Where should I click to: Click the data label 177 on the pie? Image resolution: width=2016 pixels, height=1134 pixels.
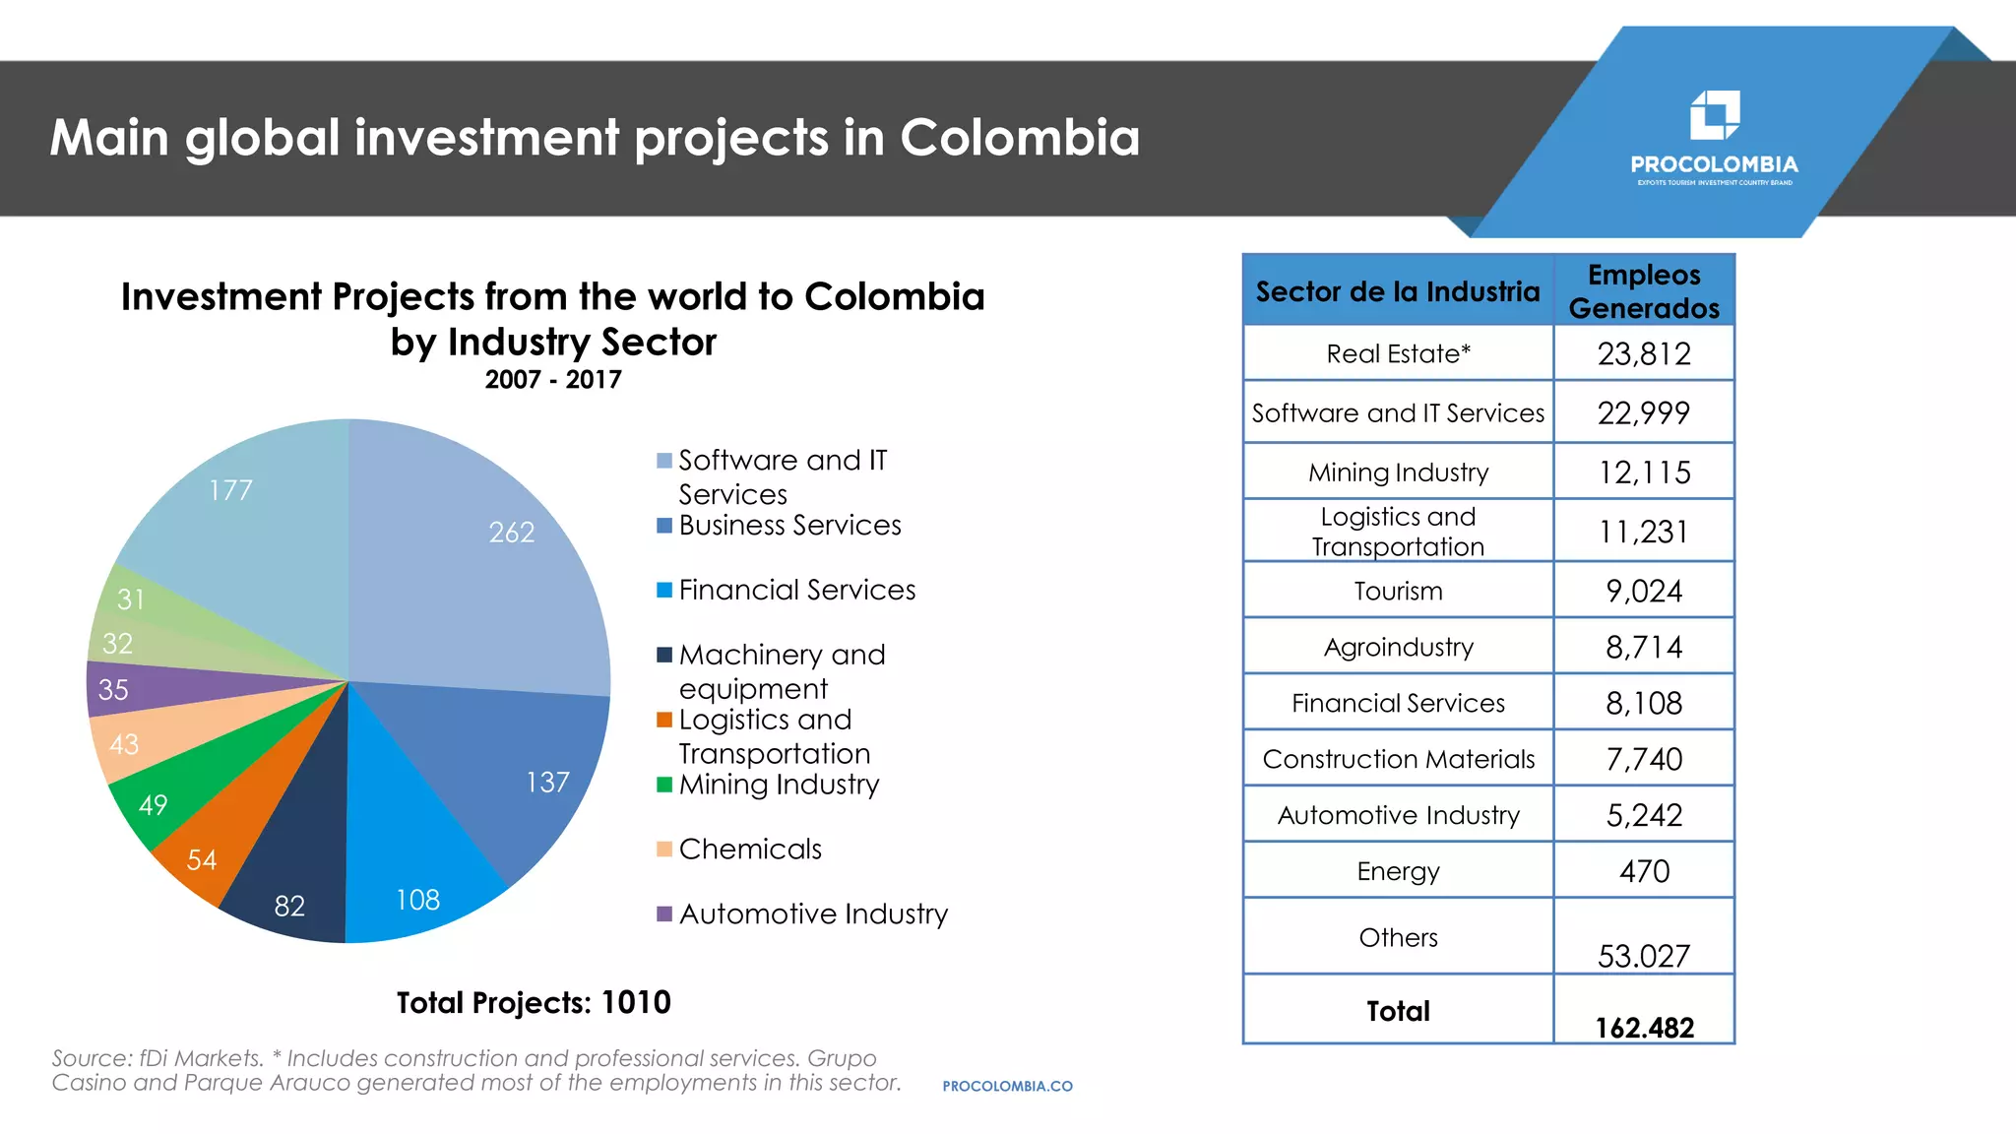(x=230, y=490)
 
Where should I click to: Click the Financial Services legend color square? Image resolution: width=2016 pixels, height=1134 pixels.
(x=664, y=590)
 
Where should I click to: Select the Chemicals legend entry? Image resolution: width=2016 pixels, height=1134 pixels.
(x=749, y=849)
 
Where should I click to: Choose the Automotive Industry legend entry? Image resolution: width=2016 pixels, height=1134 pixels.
(x=812, y=913)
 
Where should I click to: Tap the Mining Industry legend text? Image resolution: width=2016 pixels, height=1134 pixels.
(x=779, y=785)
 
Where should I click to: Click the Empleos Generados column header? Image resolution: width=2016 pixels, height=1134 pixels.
(x=1643, y=290)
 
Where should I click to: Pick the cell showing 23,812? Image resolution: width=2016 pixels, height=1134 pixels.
(x=1643, y=353)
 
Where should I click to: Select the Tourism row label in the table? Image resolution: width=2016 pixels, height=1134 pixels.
(x=1398, y=591)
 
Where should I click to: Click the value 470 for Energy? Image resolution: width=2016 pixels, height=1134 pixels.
(x=1643, y=871)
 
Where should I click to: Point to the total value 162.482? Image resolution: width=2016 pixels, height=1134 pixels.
(x=1644, y=1028)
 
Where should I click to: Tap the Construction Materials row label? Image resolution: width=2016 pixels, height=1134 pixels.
(x=1398, y=759)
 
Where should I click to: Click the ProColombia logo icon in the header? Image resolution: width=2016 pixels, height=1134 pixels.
(x=1714, y=115)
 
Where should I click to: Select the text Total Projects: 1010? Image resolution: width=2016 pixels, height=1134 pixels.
(x=534, y=1002)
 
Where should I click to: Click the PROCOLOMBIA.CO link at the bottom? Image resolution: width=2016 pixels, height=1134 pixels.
(x=1007, y=1086)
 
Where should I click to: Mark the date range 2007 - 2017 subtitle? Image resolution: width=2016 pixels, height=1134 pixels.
(x=552, y=380)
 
